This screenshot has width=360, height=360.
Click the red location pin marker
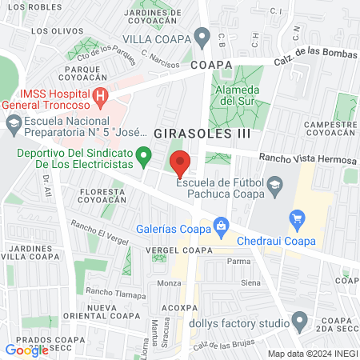tap(180, 162)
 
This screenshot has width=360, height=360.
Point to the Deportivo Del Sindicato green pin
tap(143, 155)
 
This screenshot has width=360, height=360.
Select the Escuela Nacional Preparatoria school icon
tap(13, 123)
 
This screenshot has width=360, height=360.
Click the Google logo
tap(26, 350)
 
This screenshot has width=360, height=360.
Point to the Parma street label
tap(238, 261)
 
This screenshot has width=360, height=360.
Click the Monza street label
tap(169, 283)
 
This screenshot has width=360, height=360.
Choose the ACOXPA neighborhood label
tap(178, 306)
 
